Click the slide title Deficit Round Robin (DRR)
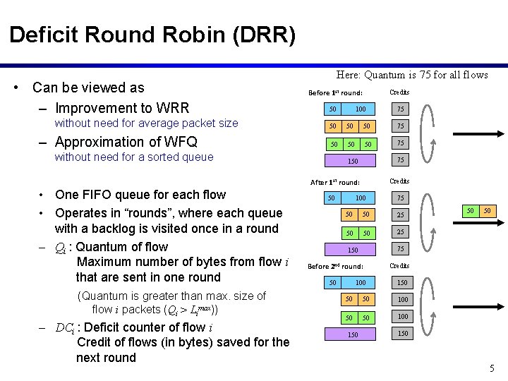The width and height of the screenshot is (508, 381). point(152,35)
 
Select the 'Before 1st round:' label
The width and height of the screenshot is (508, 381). point(336,93)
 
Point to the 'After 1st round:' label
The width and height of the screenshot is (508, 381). point(335,182)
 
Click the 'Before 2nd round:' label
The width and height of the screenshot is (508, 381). point(335,266)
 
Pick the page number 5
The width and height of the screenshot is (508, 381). point(492,368)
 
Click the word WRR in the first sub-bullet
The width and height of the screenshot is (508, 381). point(173,108)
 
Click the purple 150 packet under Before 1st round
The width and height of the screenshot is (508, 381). point(353,161)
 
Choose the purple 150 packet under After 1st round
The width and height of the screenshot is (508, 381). point(353,250)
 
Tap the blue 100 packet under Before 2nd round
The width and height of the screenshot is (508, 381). point(361,283)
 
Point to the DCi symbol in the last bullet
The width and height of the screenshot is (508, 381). point(66,327)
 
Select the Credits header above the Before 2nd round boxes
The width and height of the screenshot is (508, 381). point(399,266)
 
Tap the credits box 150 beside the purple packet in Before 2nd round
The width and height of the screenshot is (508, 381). point(402,334)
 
